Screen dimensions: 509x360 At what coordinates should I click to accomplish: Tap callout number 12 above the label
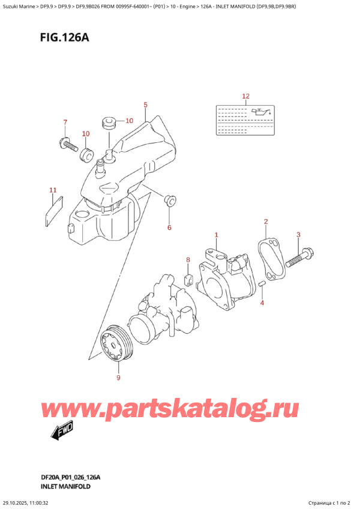[x=245, y=96]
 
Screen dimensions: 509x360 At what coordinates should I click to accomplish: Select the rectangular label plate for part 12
[x=245, y=119]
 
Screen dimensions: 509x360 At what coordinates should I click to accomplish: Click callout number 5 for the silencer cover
[x=145, y=106]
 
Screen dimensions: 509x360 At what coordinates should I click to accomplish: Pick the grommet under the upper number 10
[x=109, y=123]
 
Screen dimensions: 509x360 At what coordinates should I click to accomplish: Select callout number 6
[x=169, y=227]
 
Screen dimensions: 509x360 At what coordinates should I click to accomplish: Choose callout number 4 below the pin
[x=262, y=303]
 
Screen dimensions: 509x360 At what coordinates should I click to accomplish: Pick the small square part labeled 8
[x=188, y=278]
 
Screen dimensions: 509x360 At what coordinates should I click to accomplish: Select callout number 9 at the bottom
[x=118, y=378]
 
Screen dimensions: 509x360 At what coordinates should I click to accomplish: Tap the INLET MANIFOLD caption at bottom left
[x=67, y=486]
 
